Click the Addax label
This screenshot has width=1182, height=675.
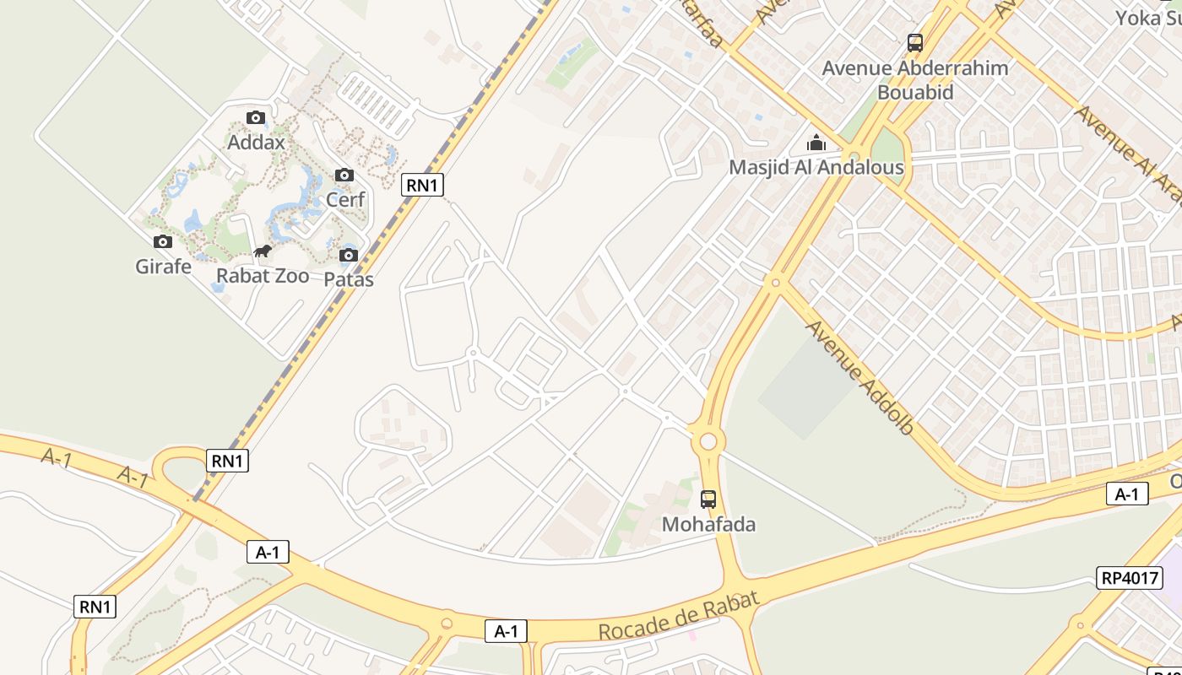coord(256,142)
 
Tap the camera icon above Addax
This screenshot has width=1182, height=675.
coord(256,118)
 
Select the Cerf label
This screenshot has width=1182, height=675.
coord(345,199)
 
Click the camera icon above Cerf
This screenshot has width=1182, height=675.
coord(344,175)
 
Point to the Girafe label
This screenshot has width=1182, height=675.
coord(163,266)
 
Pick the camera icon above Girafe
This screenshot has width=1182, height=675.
coord(163,242)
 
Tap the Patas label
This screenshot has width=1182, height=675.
coord(349,278)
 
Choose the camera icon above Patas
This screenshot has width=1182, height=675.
coord(349,255)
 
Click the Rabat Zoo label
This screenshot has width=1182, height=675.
coord(263,275)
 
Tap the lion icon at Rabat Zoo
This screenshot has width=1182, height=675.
coord(263,251)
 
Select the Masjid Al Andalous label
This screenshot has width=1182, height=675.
coord(816,167)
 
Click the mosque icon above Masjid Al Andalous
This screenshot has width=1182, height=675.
coord(816,143)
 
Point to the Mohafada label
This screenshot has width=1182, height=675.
coord(708,524)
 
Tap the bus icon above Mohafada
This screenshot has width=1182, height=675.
coord(708,499)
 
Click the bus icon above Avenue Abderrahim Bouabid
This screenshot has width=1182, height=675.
coord(915,42)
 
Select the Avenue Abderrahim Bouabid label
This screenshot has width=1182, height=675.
coord(915,79)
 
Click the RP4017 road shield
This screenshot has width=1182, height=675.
coord(1130,578)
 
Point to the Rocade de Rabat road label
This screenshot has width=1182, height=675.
coord(679,615)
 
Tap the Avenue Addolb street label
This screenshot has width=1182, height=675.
coord(859,377)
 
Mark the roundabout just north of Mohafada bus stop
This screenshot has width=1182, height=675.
coord(708,440)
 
